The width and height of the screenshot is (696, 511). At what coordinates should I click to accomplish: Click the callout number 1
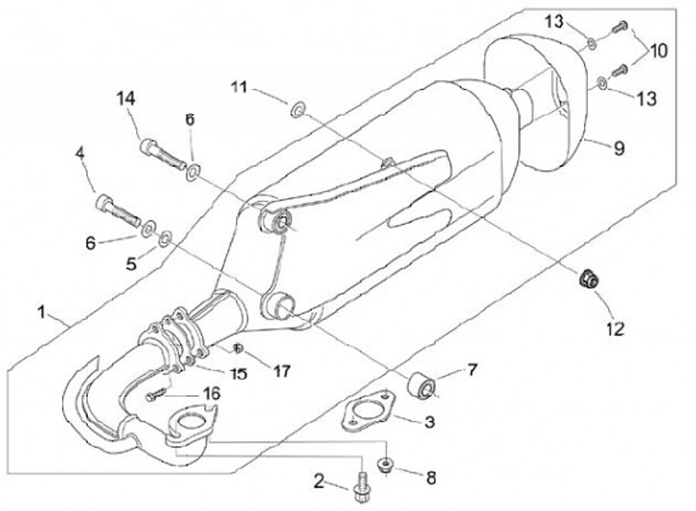(42, 312)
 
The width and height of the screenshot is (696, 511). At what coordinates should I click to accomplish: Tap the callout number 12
(616, 327)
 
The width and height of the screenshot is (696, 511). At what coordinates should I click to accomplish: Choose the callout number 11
(239, 88)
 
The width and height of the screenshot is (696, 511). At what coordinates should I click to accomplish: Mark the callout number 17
(281, 368)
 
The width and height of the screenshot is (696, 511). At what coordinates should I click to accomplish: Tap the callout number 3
(429, 422)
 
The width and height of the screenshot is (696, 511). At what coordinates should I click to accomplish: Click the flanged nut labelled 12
(586, 280)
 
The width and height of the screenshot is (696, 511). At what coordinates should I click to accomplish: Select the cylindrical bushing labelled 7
(422, 384)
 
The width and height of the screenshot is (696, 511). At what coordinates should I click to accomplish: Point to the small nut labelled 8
(385, 465)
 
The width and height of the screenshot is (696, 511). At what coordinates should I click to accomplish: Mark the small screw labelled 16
(158, 395)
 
